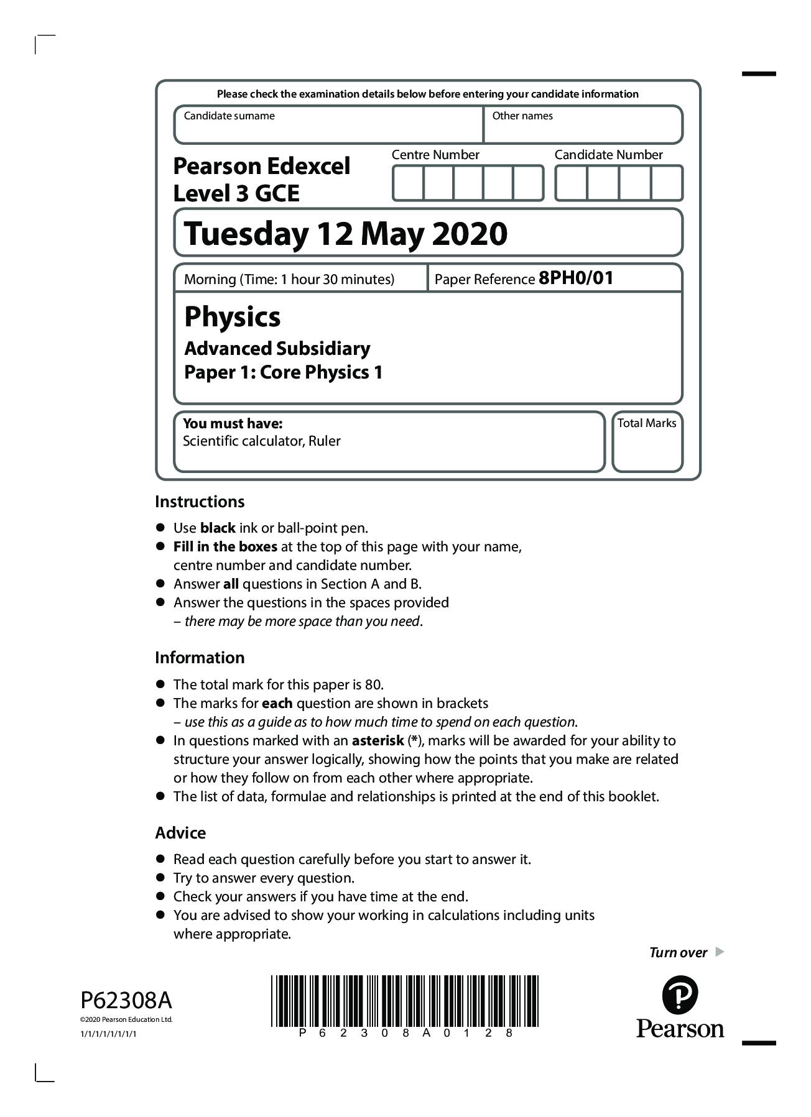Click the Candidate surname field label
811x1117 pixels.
229,116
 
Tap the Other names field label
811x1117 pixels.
522,116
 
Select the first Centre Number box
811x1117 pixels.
408,183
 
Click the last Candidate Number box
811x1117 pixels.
667,183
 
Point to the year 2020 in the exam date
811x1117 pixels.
470,234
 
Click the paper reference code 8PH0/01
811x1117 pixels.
576,278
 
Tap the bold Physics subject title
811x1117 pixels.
233,317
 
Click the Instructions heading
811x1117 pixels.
200,502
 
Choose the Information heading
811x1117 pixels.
200,658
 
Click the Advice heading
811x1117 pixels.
180,833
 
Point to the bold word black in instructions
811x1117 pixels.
218,528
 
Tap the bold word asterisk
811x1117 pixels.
378,741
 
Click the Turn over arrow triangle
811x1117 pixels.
720,952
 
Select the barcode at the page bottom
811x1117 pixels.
404,1001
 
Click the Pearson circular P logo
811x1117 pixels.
680,995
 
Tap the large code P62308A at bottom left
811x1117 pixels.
126,1001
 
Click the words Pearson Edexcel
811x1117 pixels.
262,166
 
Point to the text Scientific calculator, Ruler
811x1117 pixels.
262,441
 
